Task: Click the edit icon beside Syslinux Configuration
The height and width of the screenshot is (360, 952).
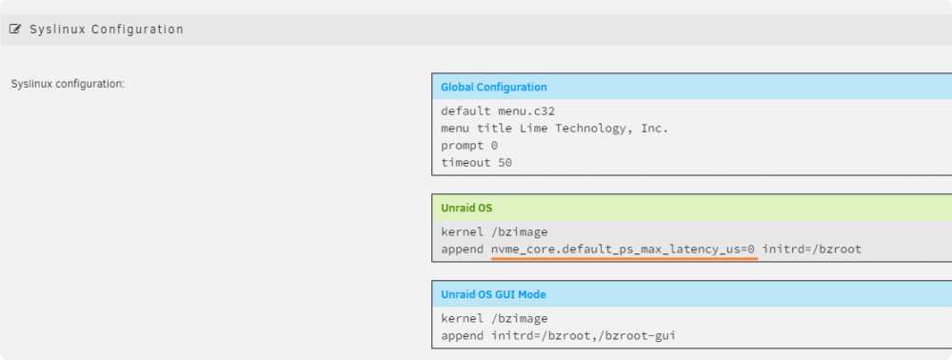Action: pyautogui.click(x=15, y=29)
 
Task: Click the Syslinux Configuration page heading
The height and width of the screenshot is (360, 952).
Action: pyautogui.click(x=107, y=30)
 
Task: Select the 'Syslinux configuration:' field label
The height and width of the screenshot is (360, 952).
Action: pyautogui.click(x=68, y=84)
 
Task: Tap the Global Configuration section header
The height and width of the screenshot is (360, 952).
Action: pyautogui.click(x=493, y=87)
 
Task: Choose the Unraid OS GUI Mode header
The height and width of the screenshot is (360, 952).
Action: pyautogui.click(x=493, y=294)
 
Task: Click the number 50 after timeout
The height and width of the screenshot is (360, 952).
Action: pyautogui.click(x=506, y=163)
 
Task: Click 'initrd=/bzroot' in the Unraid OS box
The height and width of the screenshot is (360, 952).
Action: pyautogui.click(x=812, y=249)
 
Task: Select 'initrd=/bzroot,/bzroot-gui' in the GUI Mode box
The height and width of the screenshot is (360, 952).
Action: pyautogui.click(x=584, y=336)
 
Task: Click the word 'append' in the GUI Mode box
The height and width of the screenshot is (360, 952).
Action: pyautogui.click(x=462, y=336)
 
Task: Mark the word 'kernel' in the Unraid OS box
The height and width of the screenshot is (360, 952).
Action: pyautogui.click(x=462, y=232)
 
